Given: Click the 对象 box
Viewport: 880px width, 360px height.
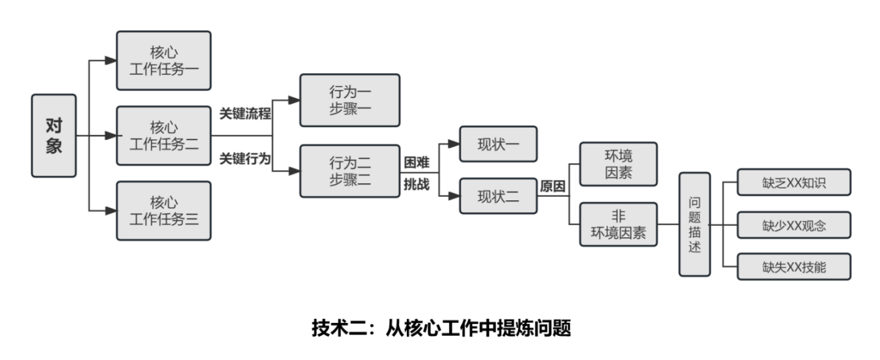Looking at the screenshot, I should tap(53, 136).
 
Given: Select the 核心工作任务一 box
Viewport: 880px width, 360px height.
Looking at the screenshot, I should tap(164, 60).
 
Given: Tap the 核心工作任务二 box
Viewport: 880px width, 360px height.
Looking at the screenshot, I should tap(164, 136).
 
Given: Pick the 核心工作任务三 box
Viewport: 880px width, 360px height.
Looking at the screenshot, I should tap(164, 211).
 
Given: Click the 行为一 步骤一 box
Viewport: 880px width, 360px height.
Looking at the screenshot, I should tap(349, 100).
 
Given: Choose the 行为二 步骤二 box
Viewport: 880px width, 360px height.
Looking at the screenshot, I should tap(349, 171).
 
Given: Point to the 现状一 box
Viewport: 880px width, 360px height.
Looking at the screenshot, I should tap(498, 144).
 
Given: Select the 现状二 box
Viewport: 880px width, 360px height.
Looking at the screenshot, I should tap(498, 196).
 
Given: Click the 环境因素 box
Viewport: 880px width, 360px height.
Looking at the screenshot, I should tap(619, 164).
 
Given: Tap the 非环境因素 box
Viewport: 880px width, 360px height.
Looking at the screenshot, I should tap(619, 224).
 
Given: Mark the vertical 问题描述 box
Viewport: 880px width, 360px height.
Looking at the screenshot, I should tap(694, 224).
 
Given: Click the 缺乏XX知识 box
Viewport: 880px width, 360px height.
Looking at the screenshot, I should tap(793, 183).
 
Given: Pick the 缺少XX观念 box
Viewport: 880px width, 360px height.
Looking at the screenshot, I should tap(793, 225).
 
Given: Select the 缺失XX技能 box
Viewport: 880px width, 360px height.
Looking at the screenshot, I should tap(793, 267).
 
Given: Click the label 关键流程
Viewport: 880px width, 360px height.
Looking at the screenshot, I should tap(244, 113).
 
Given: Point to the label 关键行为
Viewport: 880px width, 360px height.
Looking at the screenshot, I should tap(244, 158).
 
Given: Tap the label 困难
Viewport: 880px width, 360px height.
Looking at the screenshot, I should tap(417, 162).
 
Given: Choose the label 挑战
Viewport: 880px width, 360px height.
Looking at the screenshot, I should tap(417, 184).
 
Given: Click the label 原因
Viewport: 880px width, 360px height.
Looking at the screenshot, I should tap(553, 186).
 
